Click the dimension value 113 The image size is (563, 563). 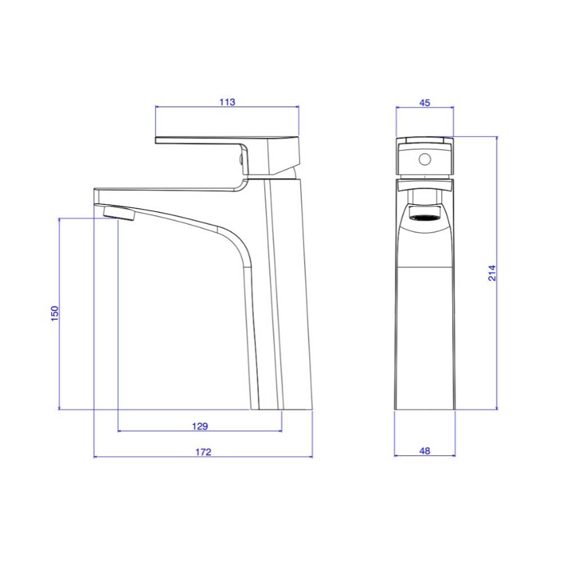click(227, 102)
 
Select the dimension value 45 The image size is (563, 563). click(425, 102)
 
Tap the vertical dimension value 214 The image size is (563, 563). click(492, 272)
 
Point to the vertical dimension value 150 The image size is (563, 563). click(55, 314)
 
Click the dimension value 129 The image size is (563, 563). click(200, 426)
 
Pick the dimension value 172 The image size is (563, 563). click(203, 452)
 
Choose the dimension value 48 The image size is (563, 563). click(425, 450)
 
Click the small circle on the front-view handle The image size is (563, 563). click(425, 160)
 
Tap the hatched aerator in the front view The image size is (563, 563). click(425, 216)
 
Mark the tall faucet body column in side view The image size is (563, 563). click(281, 293)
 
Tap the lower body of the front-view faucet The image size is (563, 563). click(425, 338)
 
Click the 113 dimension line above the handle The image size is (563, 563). click(186, 106)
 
